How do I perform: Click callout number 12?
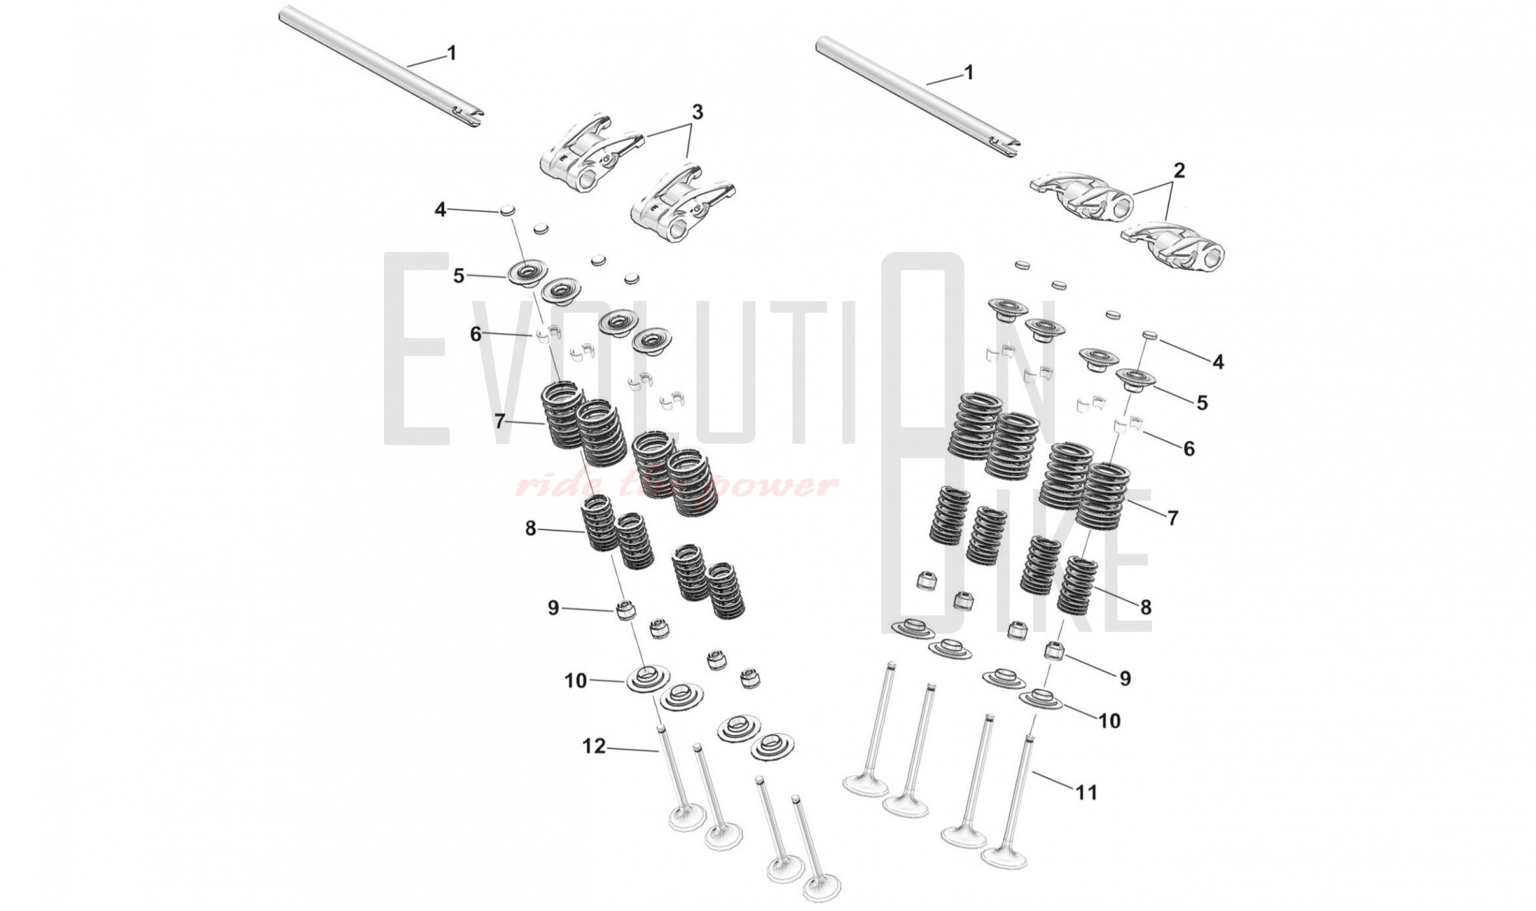pos(594,746)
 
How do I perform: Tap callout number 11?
pos(1086,792)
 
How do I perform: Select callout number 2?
pos(1179,170)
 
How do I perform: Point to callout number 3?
pos(697,112)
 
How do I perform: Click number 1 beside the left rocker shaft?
pos(452,53)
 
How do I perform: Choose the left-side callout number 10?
pos(575,681)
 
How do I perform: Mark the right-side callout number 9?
pos(1124,678)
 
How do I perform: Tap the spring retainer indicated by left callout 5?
pos(528,273)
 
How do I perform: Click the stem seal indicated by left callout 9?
pos(627,612)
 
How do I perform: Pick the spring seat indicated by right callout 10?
pos(1040,700)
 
